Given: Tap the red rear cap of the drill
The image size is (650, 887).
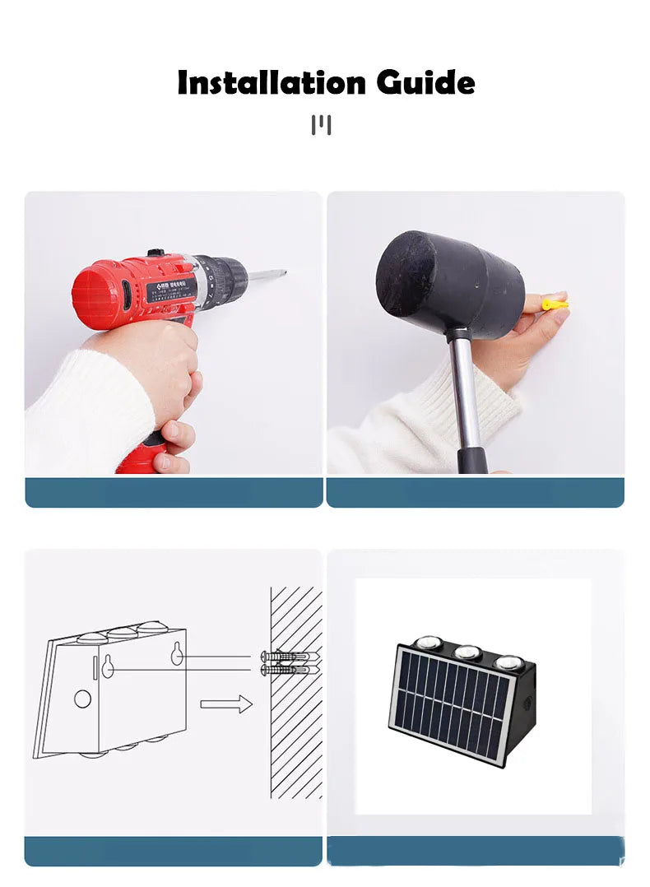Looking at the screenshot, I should [91, 295].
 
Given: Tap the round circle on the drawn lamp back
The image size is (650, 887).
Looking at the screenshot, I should [82, 699].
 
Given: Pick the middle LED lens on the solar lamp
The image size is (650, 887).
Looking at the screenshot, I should [467, 651].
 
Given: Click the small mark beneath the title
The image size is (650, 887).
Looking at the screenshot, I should [322, 126].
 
